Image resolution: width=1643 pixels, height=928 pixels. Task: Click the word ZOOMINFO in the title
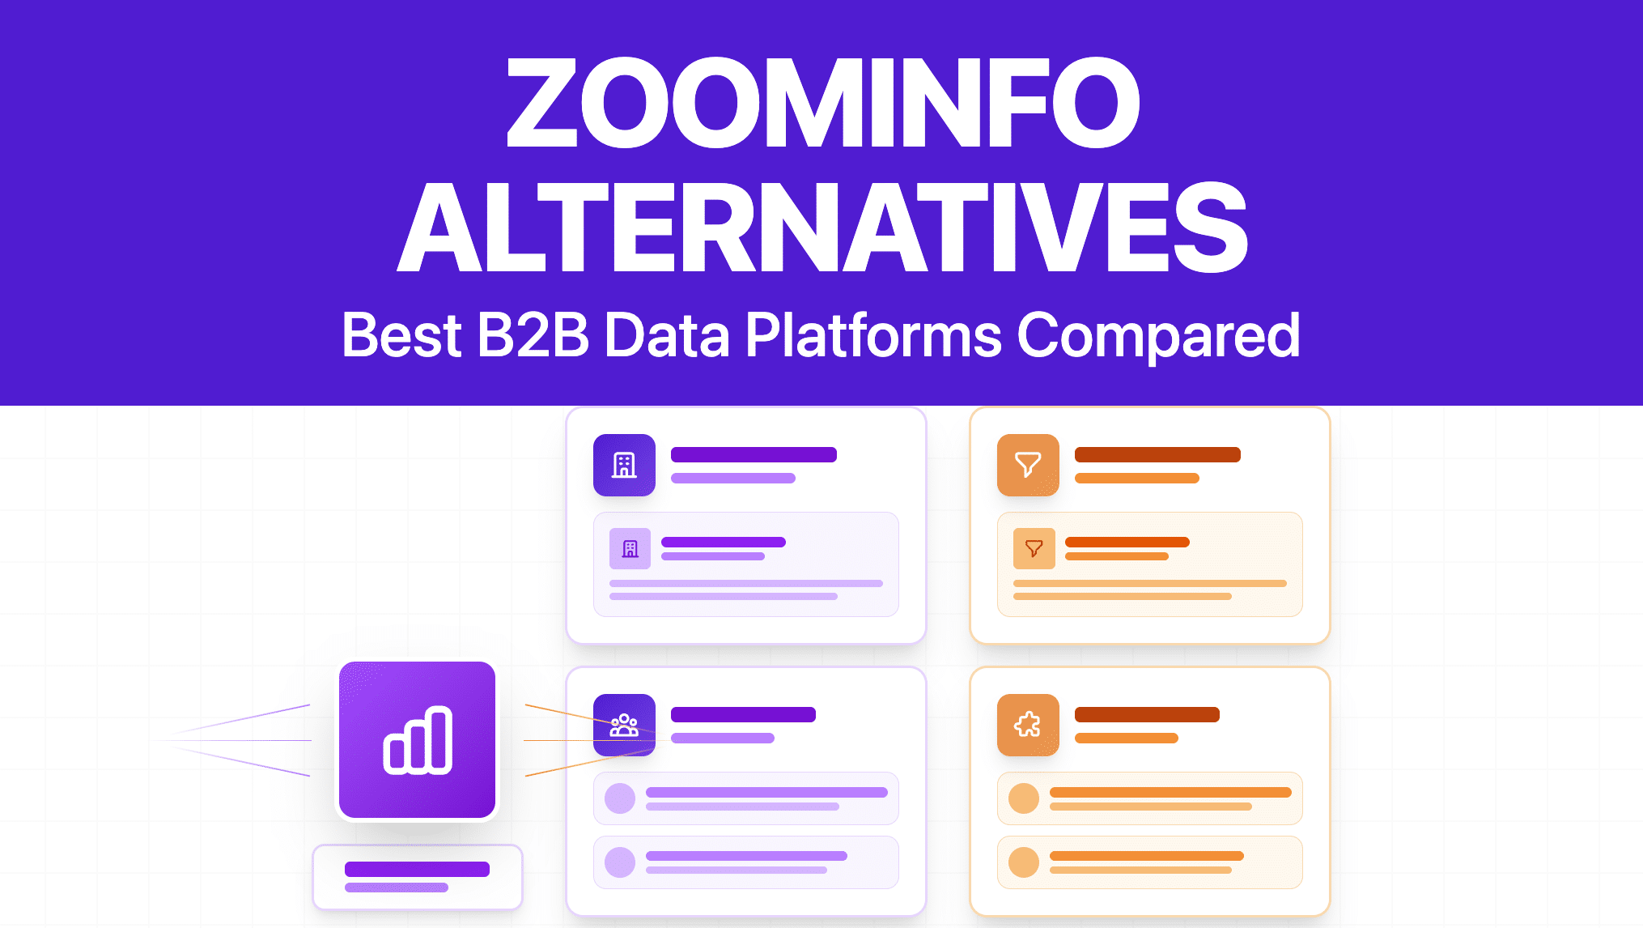(822, 103)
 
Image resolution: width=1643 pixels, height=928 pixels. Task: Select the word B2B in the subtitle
(533, 335)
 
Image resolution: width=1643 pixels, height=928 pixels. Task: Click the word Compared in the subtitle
(1158, 335)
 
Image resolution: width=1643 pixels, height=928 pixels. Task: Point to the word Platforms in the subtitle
(872, 335)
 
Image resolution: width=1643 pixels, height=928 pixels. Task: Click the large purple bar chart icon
(417, 740)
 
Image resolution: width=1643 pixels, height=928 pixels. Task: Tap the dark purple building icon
(624, 465)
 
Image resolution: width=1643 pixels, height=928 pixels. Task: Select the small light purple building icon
(630, 548)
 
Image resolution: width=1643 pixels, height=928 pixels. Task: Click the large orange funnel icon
(1028, 465)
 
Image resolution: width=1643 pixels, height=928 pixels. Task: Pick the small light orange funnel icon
(1034, 548)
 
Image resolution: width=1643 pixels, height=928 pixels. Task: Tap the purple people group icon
(624, 725)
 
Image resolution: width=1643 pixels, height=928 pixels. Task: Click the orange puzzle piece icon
(1028, 725)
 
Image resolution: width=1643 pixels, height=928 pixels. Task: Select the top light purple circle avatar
(620, 798)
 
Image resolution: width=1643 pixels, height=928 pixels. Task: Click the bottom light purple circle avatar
(620, 862)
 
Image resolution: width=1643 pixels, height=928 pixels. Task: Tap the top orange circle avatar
(1024, 798)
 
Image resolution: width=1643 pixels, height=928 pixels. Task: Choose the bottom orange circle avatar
(1024, 862)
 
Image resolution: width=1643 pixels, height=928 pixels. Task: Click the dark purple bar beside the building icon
(754, 454)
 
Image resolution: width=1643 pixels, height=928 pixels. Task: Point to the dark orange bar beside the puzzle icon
(1147, 714)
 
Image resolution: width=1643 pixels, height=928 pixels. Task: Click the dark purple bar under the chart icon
(417, 869)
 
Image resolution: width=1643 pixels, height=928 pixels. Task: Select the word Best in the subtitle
(401, 335)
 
